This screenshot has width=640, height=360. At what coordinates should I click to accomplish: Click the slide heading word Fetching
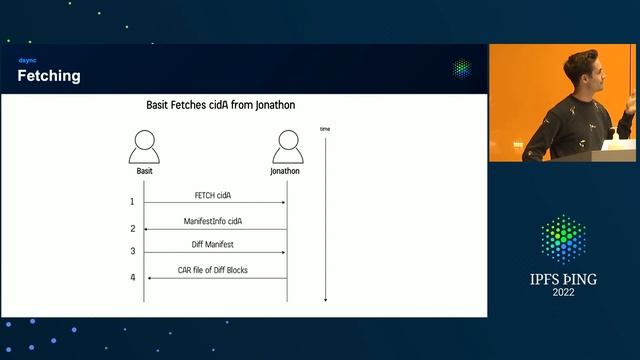click(x=49, y=76)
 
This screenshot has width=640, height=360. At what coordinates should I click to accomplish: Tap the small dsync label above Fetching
click(x=27, y=61)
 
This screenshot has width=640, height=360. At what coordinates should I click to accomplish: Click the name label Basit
click(x=145, y=171)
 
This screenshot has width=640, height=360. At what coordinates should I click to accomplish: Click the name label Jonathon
click(x=285, y=171)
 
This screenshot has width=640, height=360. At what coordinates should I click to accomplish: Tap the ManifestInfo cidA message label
click(x=214, y=220)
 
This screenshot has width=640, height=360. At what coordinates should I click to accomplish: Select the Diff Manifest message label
click(x=214, y=245)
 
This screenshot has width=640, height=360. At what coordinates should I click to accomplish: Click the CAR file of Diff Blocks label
click(x=213, y=270)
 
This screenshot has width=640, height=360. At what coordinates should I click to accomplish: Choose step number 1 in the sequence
click(x=132, y=202)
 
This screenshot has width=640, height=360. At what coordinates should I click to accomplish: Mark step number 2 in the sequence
click(x=132, y=229)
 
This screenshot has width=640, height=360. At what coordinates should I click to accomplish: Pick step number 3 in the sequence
click(x=132, y=252)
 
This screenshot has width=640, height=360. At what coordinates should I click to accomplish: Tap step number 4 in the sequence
click(x=132, y=277)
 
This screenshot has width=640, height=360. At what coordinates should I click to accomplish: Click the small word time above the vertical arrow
click(x=325, y=129)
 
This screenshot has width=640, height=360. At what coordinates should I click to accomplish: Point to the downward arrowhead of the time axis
click(x=325, y=298)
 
